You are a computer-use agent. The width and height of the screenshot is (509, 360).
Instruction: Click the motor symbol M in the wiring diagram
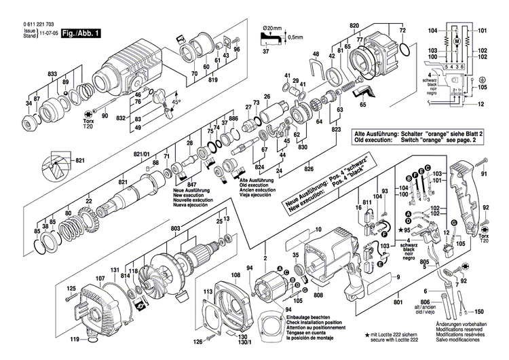457,43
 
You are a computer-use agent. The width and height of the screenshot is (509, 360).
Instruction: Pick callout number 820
354,25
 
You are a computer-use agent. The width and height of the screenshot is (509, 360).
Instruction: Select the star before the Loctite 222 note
368,336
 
